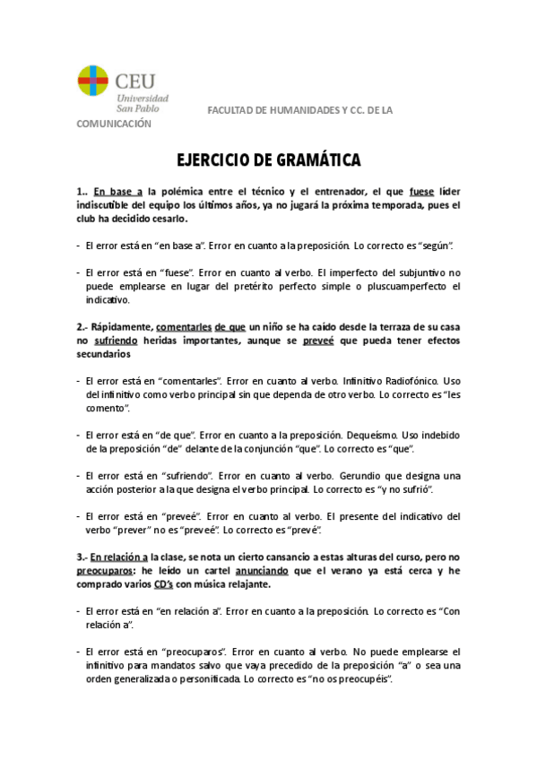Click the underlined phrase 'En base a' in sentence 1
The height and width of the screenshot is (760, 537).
point(118,191)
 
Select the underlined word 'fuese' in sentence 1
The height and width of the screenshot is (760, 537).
point(421,191)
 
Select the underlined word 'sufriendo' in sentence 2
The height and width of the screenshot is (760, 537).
point(117,341)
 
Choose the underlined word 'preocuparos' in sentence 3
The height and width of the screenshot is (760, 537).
point(105,569)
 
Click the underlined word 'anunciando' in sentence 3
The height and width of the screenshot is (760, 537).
point(262,569)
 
